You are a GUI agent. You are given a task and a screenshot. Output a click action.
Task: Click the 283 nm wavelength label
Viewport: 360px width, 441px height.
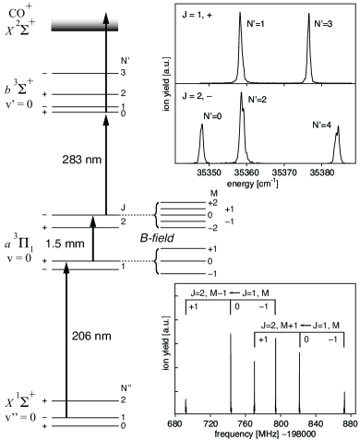click(82, 160)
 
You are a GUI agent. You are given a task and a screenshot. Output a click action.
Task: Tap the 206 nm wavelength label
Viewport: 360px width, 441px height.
click(91, 336)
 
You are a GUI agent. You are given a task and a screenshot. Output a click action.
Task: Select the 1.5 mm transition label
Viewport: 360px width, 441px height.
click(65, 244)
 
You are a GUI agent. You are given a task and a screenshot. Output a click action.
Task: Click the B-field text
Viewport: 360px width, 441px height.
click(157, 238)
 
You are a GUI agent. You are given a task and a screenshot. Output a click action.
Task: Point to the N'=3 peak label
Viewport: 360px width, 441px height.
click(323, 24)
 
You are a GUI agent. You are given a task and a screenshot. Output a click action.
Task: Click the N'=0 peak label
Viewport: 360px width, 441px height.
click(212, 116)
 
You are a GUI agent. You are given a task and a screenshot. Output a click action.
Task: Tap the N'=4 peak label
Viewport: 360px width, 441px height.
click(322, 125)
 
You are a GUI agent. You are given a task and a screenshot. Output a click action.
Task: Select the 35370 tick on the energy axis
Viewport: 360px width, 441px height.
click(284, 173)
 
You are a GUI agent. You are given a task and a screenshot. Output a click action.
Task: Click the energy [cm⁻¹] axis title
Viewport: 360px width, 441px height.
click(252, 184)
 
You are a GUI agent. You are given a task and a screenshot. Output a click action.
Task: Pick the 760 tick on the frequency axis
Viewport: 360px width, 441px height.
click(246, 424)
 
